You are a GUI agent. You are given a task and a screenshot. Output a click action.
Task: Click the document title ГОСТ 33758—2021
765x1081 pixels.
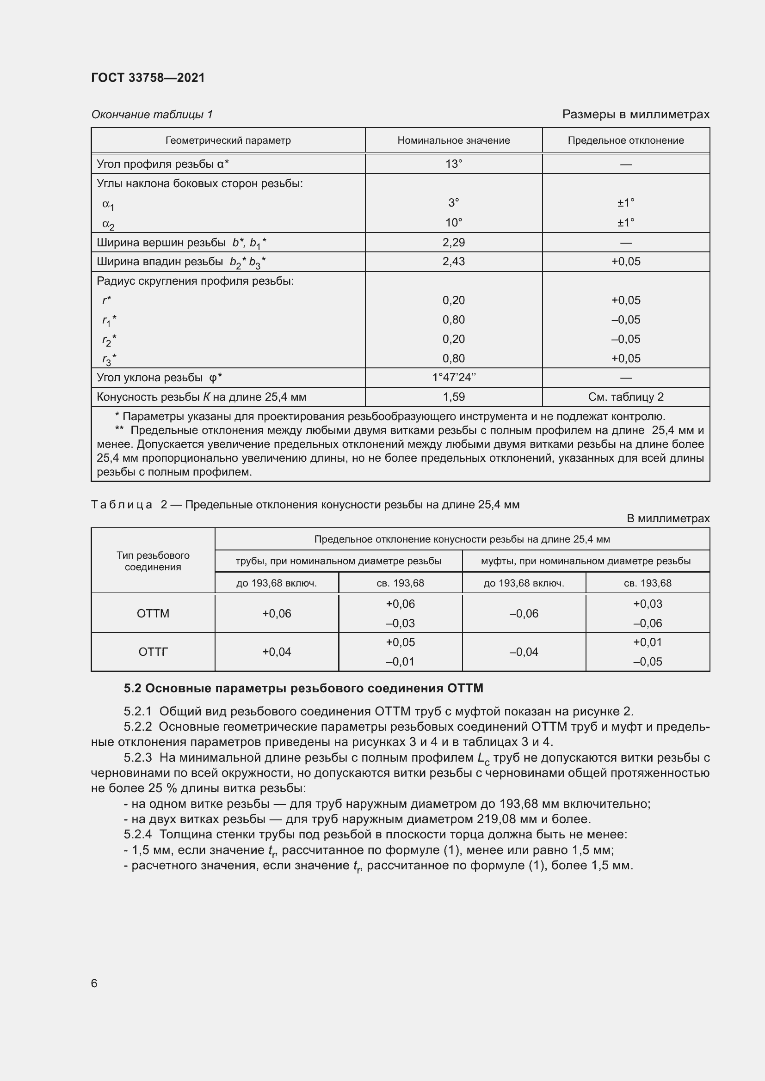tap(148, 78)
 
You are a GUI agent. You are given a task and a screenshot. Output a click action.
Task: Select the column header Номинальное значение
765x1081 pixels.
tap(453, 140)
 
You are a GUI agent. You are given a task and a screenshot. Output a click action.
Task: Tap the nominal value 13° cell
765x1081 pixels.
tap(453, 164)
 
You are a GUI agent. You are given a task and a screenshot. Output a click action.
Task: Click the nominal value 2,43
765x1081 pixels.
tap(453, 261)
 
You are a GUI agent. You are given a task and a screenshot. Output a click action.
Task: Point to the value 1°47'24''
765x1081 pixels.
tap(453, 378)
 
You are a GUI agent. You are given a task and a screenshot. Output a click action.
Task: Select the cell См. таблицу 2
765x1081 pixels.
tap(626, 397)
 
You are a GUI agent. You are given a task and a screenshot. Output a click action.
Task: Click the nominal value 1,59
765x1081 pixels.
tap(453, 397)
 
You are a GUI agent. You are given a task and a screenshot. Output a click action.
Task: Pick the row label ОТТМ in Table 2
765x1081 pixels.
tap(153, 613)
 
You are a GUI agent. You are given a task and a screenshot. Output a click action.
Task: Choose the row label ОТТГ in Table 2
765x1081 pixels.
tap(153, 652)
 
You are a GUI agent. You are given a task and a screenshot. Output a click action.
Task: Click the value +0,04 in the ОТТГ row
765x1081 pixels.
tap(277, 652)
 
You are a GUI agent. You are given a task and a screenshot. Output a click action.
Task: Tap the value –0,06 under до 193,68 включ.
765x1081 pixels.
tap(524, 613)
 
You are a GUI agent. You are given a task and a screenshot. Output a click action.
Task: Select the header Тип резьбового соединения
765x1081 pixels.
tap(153, 561)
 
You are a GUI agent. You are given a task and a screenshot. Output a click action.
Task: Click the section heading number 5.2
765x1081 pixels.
tap(132, 688)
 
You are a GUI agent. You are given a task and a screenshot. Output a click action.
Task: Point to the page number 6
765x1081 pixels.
tap(94, 983)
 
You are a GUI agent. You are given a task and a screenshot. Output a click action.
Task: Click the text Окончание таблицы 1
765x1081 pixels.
tap(152, 115)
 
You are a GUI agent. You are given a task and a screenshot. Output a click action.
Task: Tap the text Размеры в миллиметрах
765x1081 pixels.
tap(635, 115)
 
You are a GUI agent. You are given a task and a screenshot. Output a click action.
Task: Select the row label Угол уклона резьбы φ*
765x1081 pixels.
tap(159, 378)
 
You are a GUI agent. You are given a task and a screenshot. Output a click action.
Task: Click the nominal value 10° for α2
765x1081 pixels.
tap(453, 223)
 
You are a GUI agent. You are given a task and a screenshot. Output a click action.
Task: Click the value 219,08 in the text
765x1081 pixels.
tap(494, 819)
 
